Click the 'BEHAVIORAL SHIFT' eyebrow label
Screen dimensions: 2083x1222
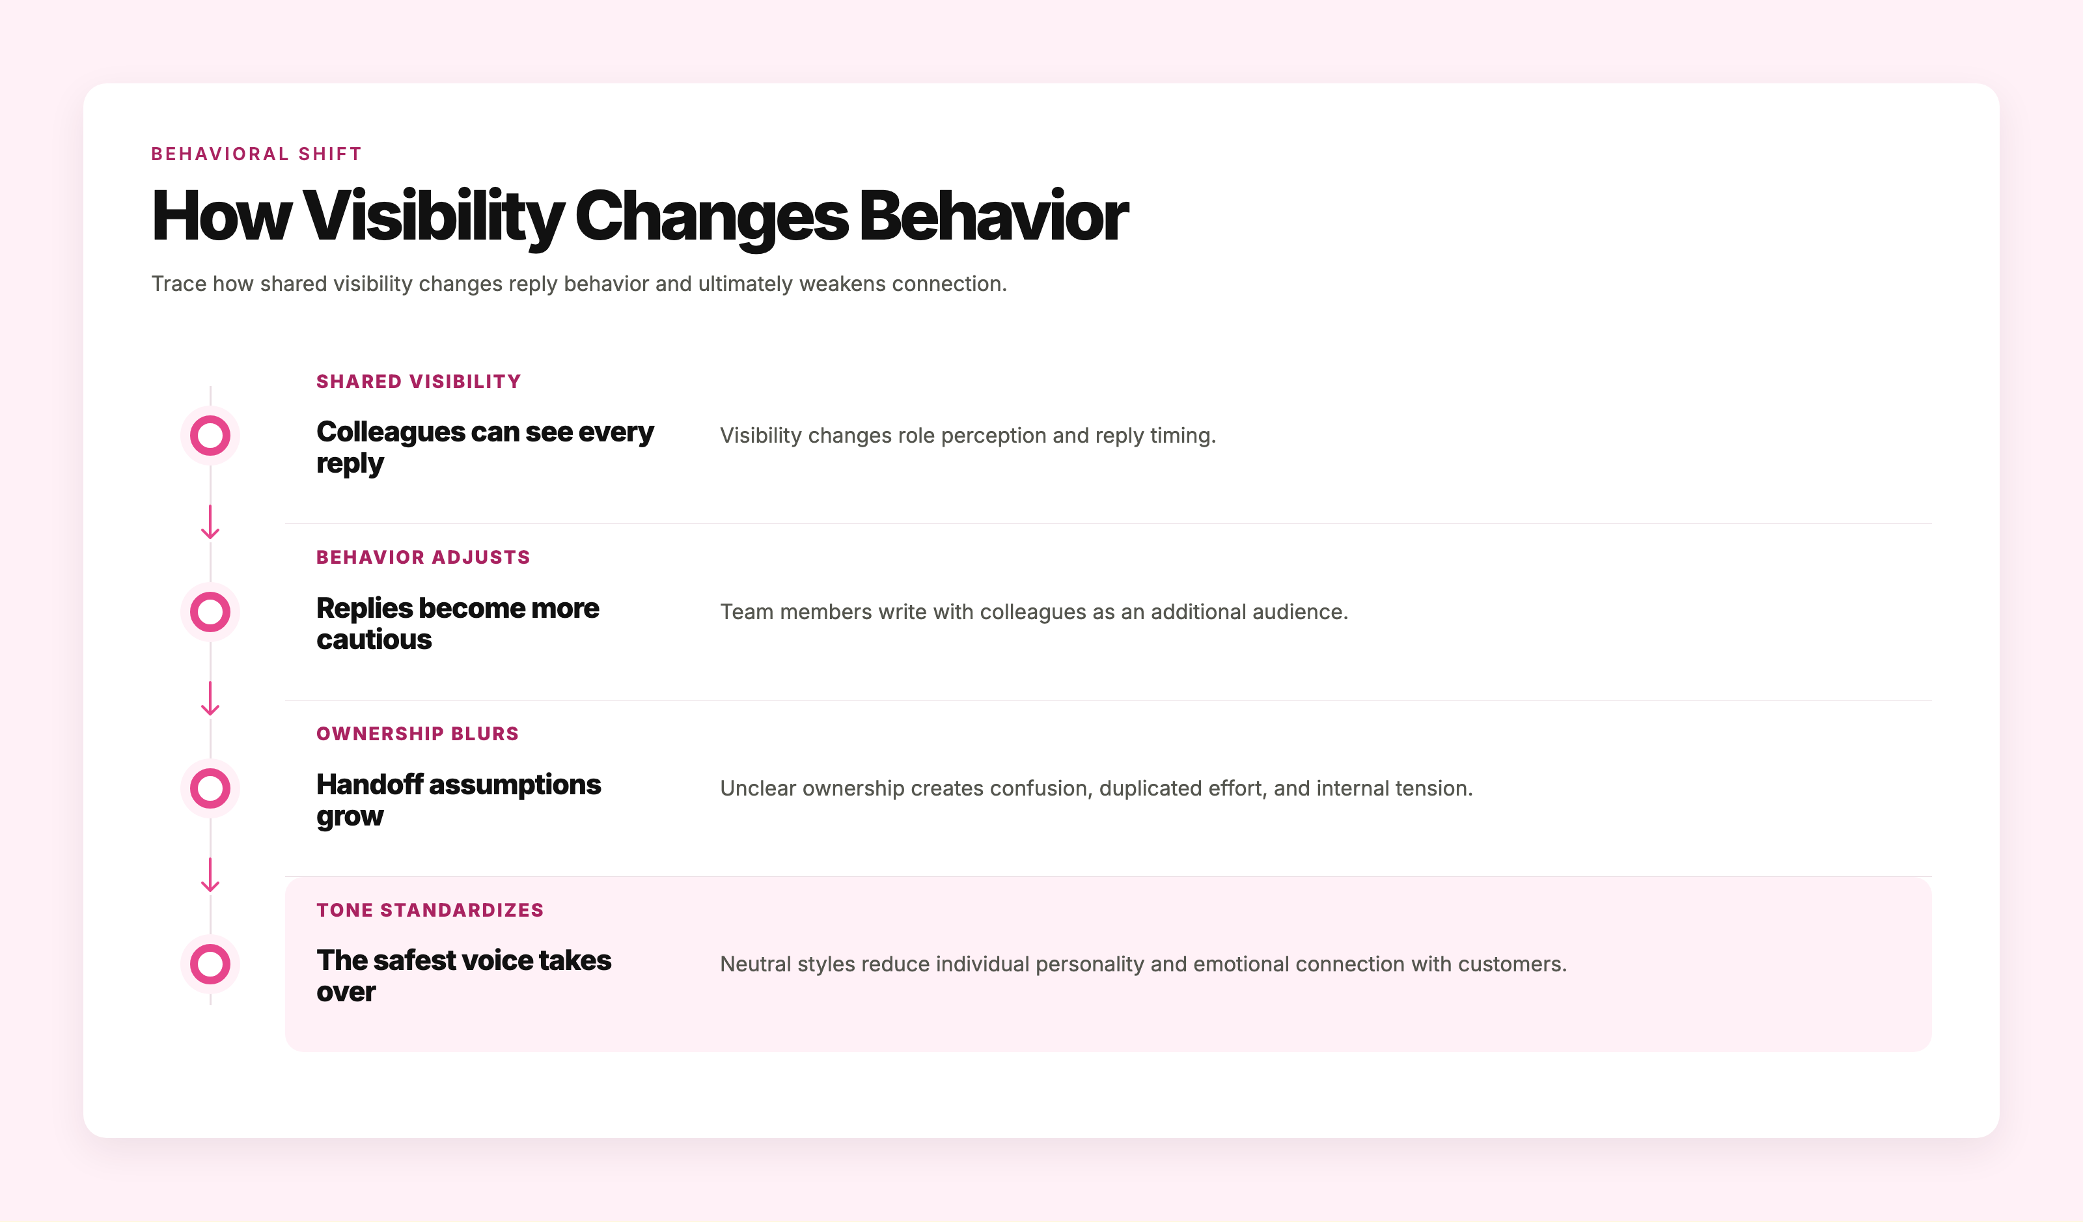(256, 154)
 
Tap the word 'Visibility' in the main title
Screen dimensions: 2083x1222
(433, 215)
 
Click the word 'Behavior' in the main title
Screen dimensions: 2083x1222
(993, 215)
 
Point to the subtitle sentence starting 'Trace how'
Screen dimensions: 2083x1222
(579, 284)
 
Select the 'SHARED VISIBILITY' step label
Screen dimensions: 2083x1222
(419, 381)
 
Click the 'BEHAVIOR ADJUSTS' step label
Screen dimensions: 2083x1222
(423, 557)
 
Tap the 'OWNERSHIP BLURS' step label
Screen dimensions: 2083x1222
(417, 733)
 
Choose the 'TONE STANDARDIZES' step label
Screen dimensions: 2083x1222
(430, 910)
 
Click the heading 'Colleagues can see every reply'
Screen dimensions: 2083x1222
(485, 447)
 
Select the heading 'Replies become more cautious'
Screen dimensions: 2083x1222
(458, 624)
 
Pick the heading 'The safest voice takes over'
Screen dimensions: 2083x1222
(463, 976)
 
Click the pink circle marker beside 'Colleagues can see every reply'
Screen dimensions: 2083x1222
(210, 417)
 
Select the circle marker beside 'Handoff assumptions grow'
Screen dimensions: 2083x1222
(210, 769)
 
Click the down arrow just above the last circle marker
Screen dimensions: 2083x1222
(210, 875)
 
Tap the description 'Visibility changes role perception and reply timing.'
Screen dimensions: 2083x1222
(968, 436)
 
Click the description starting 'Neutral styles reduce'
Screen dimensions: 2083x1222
(1143, 964)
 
